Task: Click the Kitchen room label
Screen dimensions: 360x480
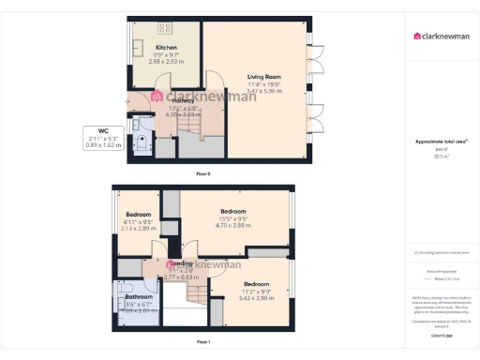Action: (167, 47)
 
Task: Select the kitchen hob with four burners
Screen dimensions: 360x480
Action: (165, 27)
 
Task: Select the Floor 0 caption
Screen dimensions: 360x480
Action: (203, 174)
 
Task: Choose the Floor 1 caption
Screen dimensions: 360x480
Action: (203, 342)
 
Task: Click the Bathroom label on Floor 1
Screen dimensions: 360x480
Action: (138, 297)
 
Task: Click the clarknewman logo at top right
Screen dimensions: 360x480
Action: (442, 37)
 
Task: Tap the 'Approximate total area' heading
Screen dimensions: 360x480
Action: (441, 142)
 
